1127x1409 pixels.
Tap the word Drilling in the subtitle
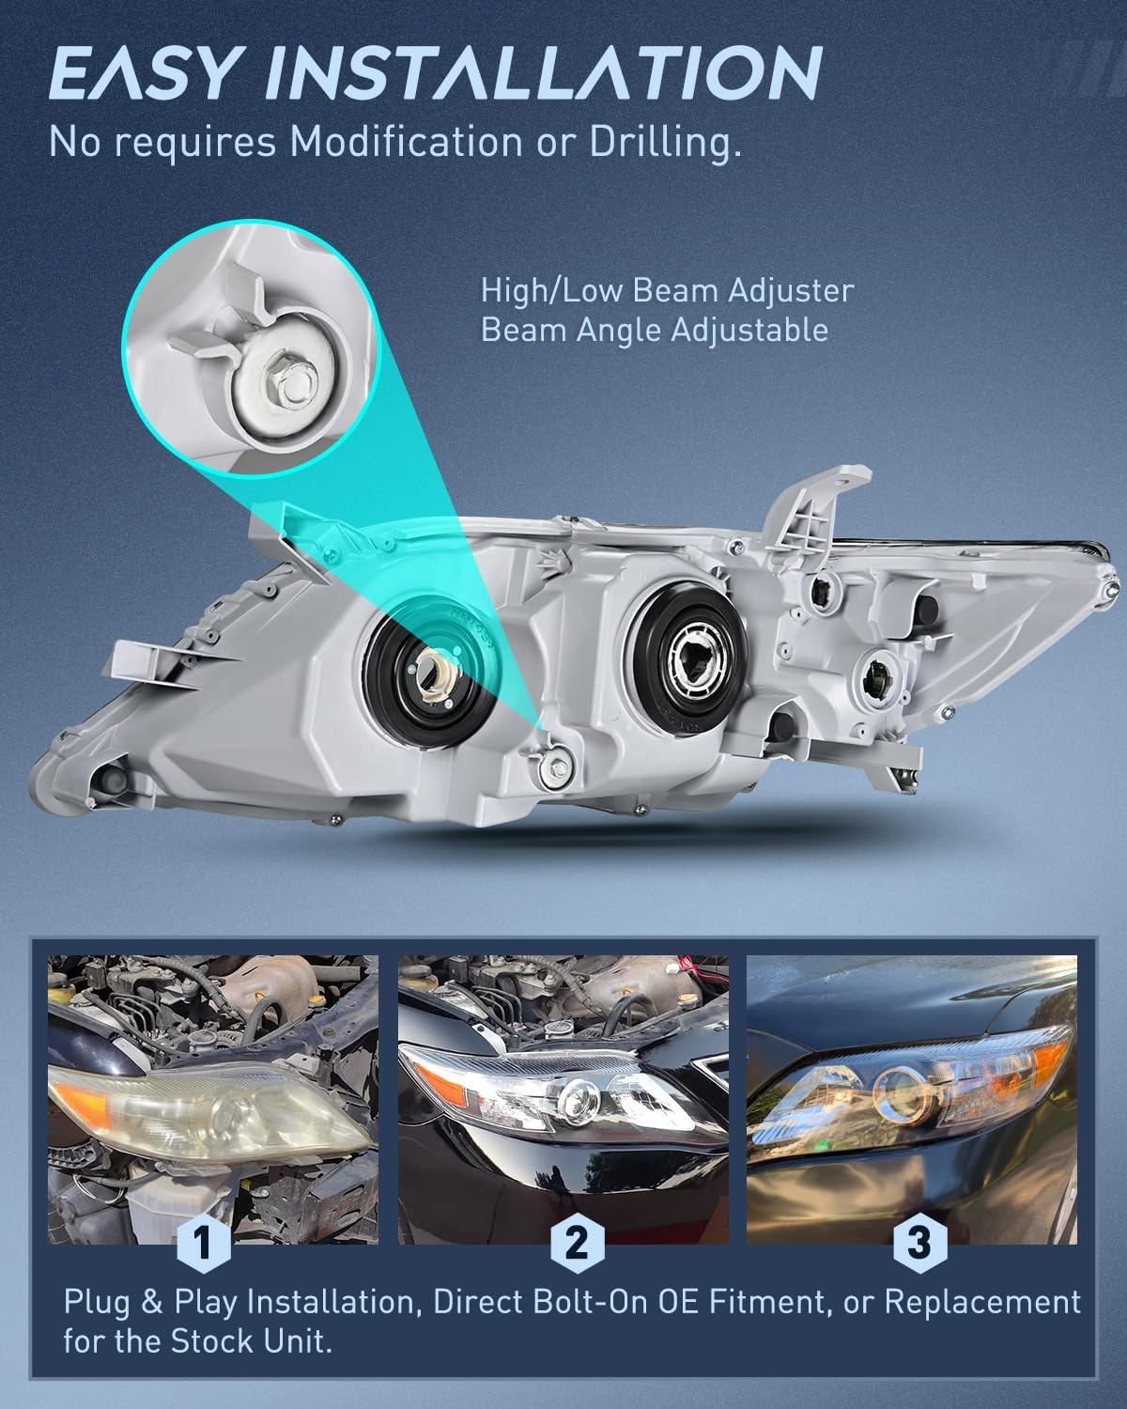coord(665,143)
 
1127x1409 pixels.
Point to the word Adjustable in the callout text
coord(749,330)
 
